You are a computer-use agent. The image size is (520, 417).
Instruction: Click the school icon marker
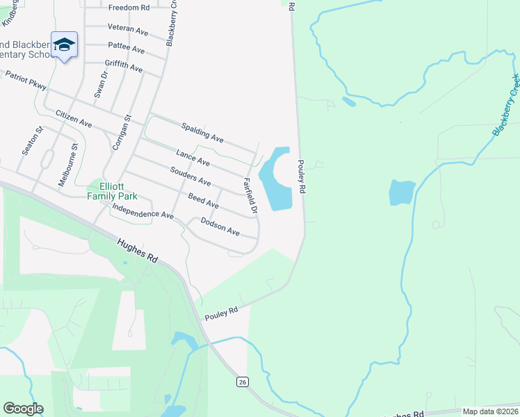(64, 44)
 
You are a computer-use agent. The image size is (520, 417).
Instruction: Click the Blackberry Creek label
(506, 105)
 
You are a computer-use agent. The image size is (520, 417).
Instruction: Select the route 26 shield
(242, 382)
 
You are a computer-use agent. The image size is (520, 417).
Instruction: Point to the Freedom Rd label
(129, 8)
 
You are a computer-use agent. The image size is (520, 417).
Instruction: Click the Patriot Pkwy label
(26, 81)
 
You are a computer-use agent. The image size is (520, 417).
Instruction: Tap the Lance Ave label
(193, 158)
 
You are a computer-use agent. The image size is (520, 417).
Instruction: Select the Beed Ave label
(204, 202)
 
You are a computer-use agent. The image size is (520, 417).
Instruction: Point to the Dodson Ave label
(220, 226)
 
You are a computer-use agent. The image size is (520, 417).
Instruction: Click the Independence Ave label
(143, 211)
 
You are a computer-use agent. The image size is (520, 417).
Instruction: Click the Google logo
(23, 408)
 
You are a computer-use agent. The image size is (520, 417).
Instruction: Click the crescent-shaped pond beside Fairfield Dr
(273, 181)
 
